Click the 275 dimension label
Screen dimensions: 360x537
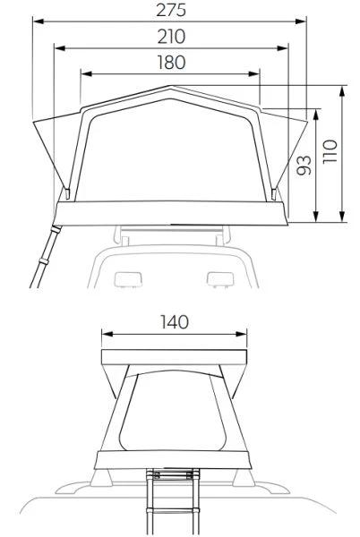click(x=171, y=10)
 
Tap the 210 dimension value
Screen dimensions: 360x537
click(x=171, y=37)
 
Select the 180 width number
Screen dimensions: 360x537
click(x=171, y=63)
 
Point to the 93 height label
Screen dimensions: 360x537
click(x=304, y=166)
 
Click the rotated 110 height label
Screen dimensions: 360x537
click(x=330, y=152)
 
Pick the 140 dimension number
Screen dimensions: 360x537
click(x=175, y=322)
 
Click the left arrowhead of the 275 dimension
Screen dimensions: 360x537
click(x=39, y=21)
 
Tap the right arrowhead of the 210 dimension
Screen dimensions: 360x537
click(x=282, y=48)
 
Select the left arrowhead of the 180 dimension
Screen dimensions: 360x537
click(x=87, y=73)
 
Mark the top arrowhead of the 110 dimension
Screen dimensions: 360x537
click(x=342, y=92)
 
